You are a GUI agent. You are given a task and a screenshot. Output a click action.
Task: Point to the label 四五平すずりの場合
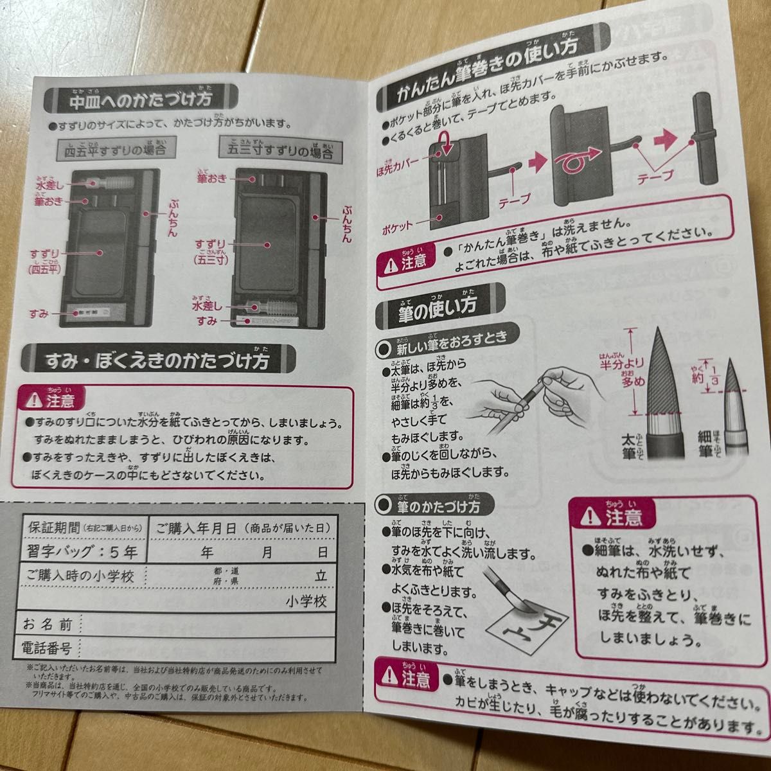point(115,150)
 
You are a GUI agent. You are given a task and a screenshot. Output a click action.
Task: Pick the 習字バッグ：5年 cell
point(82,551)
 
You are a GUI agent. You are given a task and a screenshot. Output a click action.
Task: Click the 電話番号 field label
point(48,646)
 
